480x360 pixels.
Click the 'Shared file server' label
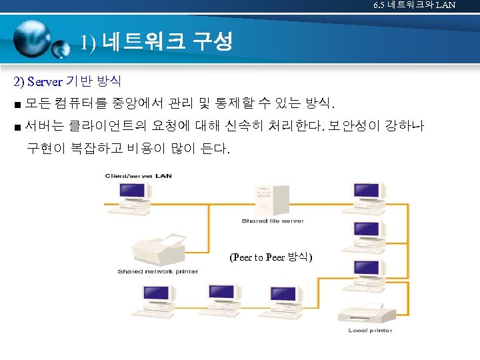(273, 221)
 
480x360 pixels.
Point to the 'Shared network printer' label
(157, 271)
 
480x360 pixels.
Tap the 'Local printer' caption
(370, 331)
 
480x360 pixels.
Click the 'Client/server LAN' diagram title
(137, 175)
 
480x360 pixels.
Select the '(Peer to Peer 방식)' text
(271, 257)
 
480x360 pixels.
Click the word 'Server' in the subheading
(46, 82)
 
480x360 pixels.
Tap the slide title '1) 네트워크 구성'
(156, 43)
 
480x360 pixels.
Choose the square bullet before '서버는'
(17, 126)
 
